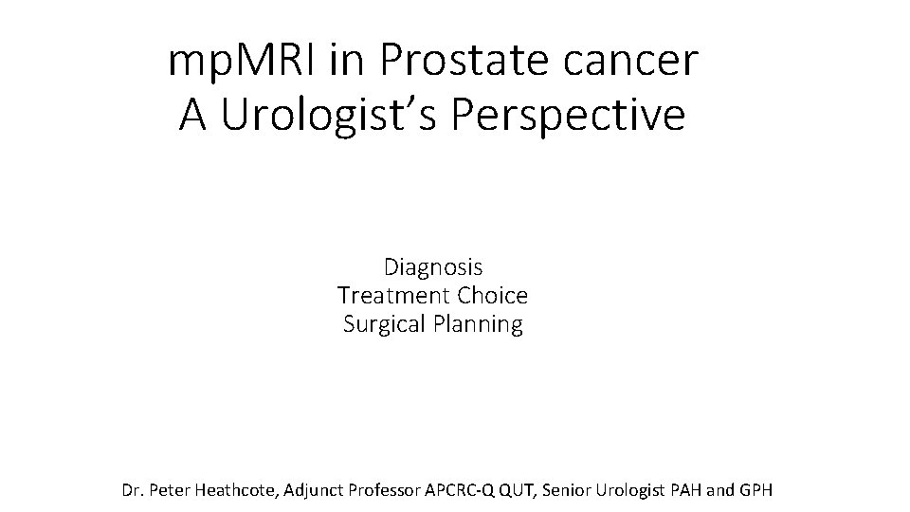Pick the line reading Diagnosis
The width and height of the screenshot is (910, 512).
click(x=433, y=267)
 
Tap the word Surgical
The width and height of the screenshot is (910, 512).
click(x=382, y=324)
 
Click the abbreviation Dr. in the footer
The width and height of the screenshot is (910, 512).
click(x=134, y=491)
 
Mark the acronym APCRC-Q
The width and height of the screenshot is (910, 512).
click(x=468, y=491)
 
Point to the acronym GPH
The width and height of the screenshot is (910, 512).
click(x=757, y=491)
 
